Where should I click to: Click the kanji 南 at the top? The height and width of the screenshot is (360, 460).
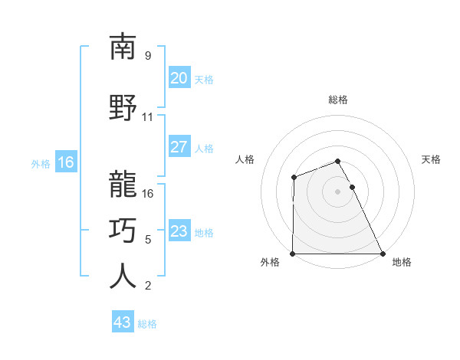click(x=123, y=47)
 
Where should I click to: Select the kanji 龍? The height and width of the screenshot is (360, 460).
click(x=123, y=184)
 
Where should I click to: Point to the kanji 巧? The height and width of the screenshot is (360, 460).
click(x=123, y=230)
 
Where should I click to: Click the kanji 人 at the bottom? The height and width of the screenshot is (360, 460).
click(x=123, y=276)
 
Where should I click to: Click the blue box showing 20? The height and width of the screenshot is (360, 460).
click(x=179, y=78)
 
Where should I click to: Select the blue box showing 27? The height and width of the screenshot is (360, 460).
click(x=179, y=147)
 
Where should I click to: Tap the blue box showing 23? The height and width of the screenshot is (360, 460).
click(x=179, y=231)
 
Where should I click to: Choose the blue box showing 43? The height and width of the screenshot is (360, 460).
click(x=123, y=322)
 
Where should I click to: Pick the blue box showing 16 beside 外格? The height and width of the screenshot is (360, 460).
click(x=66, y=162)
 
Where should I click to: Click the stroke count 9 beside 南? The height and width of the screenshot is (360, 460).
click(x=148, y=56)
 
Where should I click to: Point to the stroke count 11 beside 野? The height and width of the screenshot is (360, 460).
click(x=148, y=117)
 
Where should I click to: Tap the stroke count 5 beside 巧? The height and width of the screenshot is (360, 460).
click(x=148, y=239)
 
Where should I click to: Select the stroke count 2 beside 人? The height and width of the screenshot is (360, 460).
click(x=148, y=286)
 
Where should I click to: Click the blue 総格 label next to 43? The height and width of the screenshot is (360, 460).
click(x=147, y=324)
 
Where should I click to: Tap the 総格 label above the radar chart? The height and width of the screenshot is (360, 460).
click(x=338, y=100)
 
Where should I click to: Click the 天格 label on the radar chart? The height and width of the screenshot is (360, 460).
click(x=431, y=159)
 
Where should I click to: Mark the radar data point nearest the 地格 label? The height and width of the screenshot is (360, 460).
click(x=383, y=254)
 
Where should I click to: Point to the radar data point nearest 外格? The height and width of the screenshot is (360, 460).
click(x=293, y=254)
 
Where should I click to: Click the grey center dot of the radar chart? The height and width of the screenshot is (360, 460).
click(x=338, y=191)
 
